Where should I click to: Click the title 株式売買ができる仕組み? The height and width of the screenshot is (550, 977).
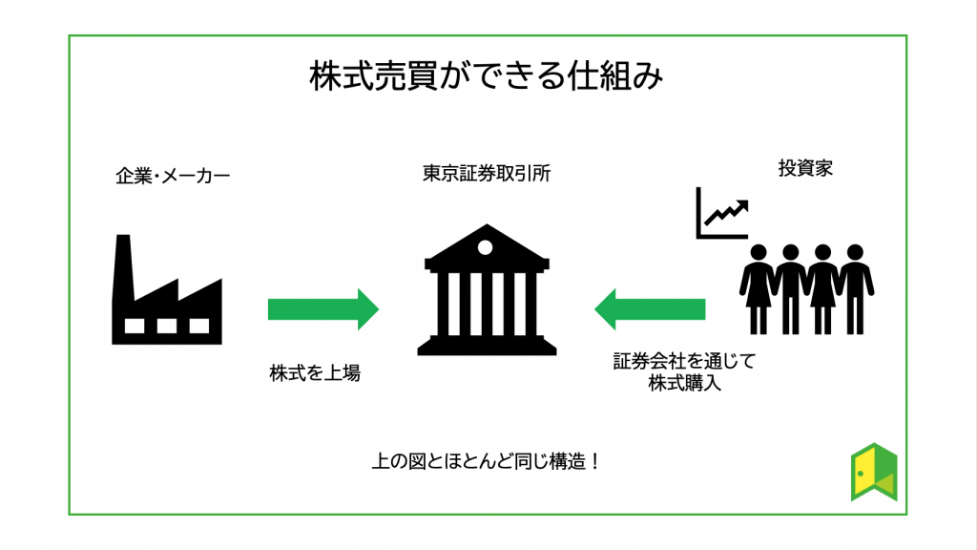(x=486, y=77)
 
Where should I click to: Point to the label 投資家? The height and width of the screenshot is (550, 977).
(x=806, y=169)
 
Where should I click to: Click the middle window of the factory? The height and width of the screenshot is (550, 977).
(x=166, y=326)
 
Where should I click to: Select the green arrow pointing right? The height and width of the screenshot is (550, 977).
(x=322, y=309)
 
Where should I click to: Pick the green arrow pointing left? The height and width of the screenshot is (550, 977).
(x=650, y=309)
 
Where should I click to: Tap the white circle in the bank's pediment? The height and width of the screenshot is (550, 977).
(x=486, y=248)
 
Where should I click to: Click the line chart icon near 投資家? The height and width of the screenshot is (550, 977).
(x=721, y=212)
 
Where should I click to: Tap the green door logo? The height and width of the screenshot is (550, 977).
(x=874, y=472)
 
